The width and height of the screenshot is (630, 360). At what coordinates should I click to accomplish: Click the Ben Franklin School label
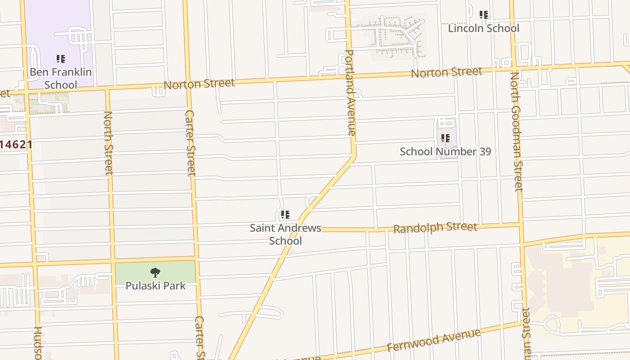point(61,78)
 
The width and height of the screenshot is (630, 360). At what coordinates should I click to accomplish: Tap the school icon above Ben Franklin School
point(61,59)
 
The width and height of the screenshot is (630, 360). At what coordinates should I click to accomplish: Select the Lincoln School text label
point(483,28)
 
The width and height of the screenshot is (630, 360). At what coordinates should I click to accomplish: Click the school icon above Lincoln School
point(484,15)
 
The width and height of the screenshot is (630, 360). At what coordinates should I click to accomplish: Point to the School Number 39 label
point(445,152)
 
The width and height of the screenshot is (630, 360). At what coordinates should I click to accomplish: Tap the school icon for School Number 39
point(445,138)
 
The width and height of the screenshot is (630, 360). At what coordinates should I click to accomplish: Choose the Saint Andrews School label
point(285,234)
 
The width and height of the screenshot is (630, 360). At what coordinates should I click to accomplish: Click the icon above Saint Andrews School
point(285,215)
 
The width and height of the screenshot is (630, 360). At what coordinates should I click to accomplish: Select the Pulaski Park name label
point(155,286)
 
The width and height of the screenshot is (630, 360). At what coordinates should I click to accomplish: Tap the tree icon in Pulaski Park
point(155,273)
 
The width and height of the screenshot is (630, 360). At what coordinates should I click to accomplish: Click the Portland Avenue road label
point(350,92)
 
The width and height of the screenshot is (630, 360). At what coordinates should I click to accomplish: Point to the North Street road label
point(108,143)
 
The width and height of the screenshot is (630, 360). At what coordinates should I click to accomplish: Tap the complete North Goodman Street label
point(516,131)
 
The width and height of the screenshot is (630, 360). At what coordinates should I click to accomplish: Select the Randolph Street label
point(435,228)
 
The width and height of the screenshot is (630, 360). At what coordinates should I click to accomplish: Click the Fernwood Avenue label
point(434,341)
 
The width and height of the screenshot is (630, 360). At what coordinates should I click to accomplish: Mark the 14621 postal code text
point(16,145)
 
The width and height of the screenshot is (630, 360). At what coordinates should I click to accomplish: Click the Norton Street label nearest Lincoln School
point(446,72)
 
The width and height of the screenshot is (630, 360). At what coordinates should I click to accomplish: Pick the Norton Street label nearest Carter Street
point(199,84)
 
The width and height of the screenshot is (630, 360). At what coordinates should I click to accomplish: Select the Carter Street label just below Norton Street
point(190,143)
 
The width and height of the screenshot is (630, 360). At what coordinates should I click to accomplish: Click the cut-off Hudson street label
point(38,343)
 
